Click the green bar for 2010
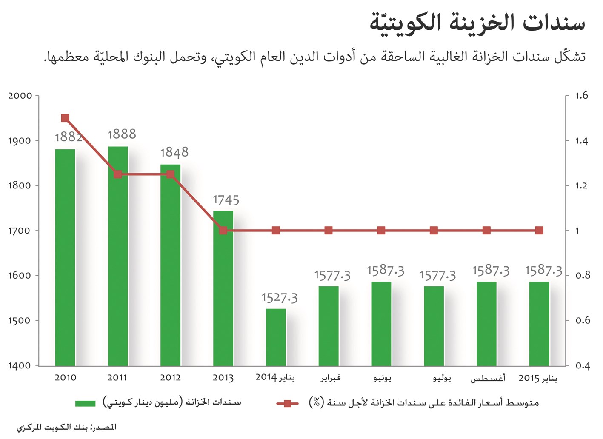click(x=65, y=257)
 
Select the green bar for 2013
click(x=223, y=288)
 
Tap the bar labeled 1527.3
click(x=276, y=337)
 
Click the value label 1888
click(x=122, y=134)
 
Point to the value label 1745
click(x=226, y=200)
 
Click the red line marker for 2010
click(x=65, y=118)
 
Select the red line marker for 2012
click(x=170, y=174)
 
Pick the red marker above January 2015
click(x=539, y=231)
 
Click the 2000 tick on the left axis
click(x=20, y=96)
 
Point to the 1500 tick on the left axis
click(x=20, y=321)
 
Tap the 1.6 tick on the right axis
click(x=581, y=96)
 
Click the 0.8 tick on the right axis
click(x=583, y=276)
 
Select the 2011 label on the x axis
click(x=117, y=378)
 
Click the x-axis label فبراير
click(x=331, y=378)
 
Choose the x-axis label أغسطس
click(x=488, y=378)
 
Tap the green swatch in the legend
click(x=85, y=403)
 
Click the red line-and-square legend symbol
click(x=287, y=403)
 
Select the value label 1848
click(x=174, y=153)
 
